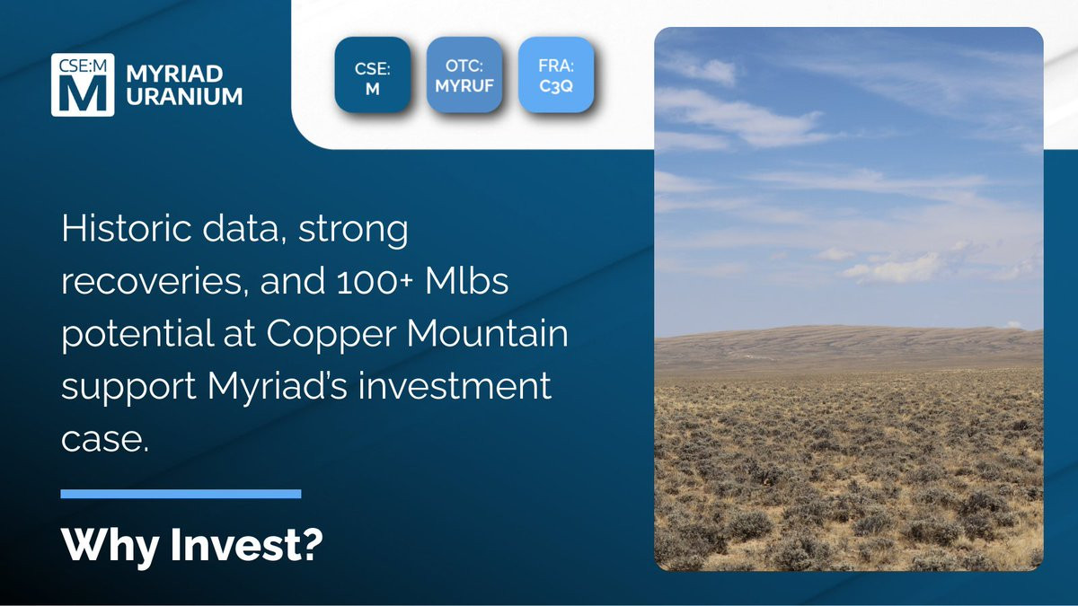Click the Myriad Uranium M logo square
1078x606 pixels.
[83, 84]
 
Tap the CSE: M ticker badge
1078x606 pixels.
[373, 75]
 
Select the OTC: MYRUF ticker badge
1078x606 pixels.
[464, 75]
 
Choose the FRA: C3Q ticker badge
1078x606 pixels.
[556, 75]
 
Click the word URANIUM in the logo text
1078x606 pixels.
[184, 97]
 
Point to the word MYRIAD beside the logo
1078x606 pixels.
[174, 74]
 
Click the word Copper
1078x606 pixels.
[331, 335]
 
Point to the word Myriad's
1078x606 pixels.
[278, 388]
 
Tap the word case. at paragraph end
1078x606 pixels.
[105, 440]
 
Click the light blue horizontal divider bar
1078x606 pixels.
[181, 494]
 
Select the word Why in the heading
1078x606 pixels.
[110, 546]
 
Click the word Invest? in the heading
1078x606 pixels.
[247, 544]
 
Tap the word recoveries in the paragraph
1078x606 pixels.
[155, 281]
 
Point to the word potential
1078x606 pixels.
[137, 335]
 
